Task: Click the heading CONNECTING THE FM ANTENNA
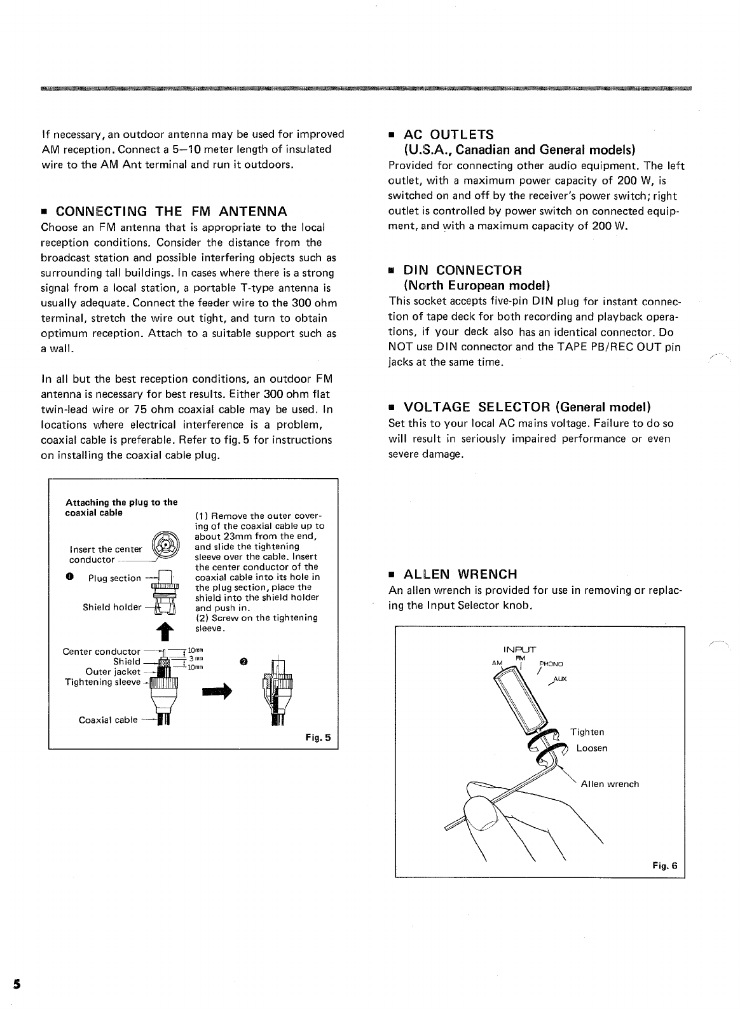click(171, 211)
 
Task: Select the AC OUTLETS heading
click(449, 135)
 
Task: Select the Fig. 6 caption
click(665, 865)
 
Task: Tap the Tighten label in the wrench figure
click(587, 732)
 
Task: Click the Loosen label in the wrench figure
click(592, 748)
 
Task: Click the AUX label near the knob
click(559, 679)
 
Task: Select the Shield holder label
click(112, 607)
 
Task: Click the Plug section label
click(114, 578)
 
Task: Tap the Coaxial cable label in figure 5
click(107, 720)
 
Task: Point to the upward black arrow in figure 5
click(163, 630)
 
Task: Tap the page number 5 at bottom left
click(17, 983)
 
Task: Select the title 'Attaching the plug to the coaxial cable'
click(121, 507)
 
